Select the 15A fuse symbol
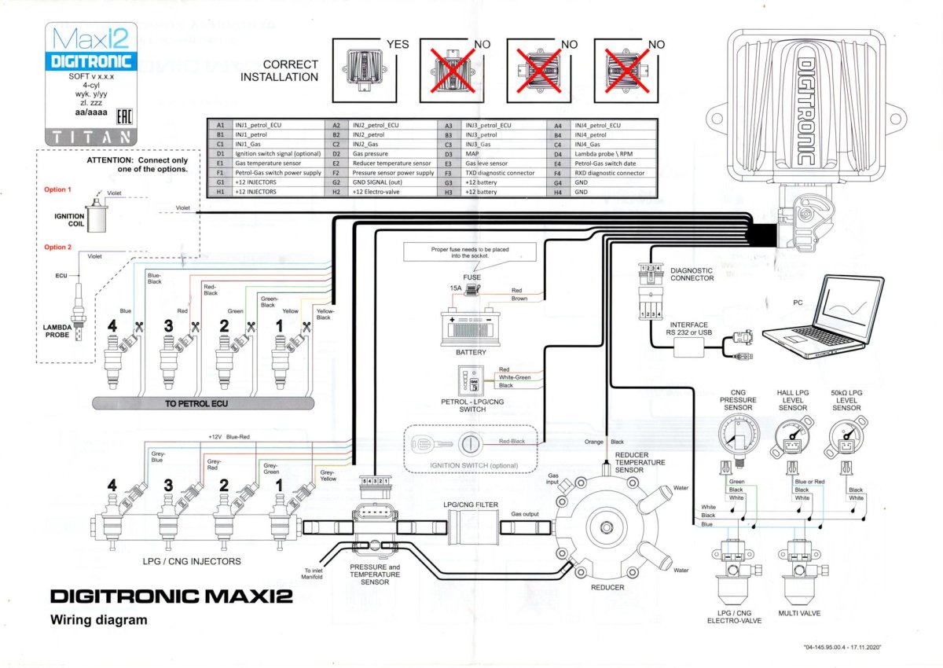473,290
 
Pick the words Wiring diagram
98,620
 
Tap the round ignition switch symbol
470,442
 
